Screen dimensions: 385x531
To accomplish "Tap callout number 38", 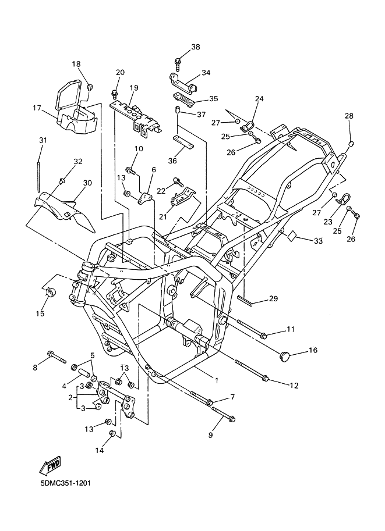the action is coord(196,47).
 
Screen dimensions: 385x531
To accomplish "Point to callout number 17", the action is coord(37,108).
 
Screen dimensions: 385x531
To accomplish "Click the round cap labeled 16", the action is coord(285,355).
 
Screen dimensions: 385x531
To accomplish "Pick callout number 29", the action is coord(273,298).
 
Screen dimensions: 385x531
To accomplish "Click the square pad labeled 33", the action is coord(291,236).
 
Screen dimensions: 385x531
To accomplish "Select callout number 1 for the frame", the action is coord(217,380).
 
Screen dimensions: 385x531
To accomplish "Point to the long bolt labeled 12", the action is coord(252,371).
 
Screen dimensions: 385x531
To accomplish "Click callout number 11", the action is coord(291,329).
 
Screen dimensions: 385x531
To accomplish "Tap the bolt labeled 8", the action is coord(57,358).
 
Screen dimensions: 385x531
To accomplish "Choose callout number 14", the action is coord(100,450).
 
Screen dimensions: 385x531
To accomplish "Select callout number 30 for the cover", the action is coord(87,183).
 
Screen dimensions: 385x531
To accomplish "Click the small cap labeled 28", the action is coord(351,143).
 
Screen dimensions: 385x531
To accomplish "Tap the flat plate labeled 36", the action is coord(183,141).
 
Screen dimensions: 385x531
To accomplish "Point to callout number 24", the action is coord(259,99).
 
